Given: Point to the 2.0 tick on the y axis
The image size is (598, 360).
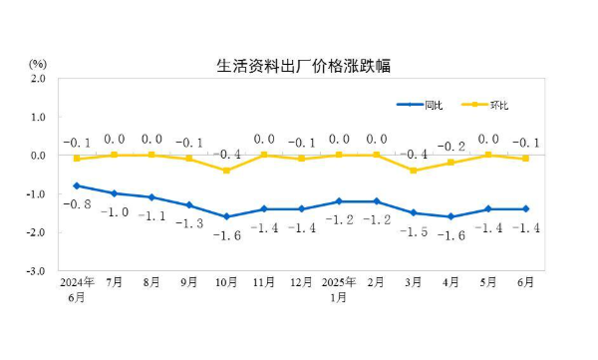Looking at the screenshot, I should pyautogui.click(x=38, y=78).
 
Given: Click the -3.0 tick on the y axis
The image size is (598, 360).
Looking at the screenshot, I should pyautogui.click(x=37, y=271).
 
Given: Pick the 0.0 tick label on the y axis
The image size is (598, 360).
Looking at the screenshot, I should pyautogui.click(x=38, y=156).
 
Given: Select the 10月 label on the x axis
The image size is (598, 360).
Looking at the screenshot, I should pyautogui.click(x=227, y=283).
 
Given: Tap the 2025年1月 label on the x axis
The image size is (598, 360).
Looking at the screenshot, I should pyautogui.click(x=339, y=288).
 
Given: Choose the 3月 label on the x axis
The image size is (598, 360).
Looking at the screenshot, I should pyautogui.click(x=414, y=283).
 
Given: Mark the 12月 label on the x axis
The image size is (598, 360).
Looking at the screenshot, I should pyautogui.click(x=302, y=283).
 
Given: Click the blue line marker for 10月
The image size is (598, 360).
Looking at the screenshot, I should pyautogui.click(x=227, y=216).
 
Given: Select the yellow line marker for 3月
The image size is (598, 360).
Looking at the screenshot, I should pyautogui.click(x=414, y=171).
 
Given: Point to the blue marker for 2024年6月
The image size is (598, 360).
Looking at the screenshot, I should pyautogui.click(x=77, y=185).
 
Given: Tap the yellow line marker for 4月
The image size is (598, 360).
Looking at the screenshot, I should pyautogui.click(x=451, y=163).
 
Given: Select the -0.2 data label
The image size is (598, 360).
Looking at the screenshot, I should pyautogui.click(x=453, y=145).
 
